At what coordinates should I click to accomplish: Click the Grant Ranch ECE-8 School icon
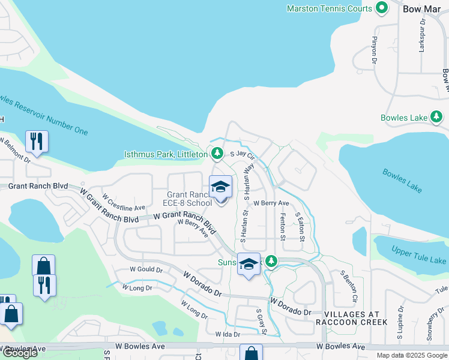(x=220, y=187)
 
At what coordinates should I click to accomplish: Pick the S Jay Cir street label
(x=243, y=155)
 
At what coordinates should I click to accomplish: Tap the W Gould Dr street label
(x=143, y=270)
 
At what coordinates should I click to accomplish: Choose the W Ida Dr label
(x=228, y=334)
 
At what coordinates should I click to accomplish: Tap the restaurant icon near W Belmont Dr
(x=37, y=142)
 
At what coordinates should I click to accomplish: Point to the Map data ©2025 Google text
(x=411, y=355)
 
